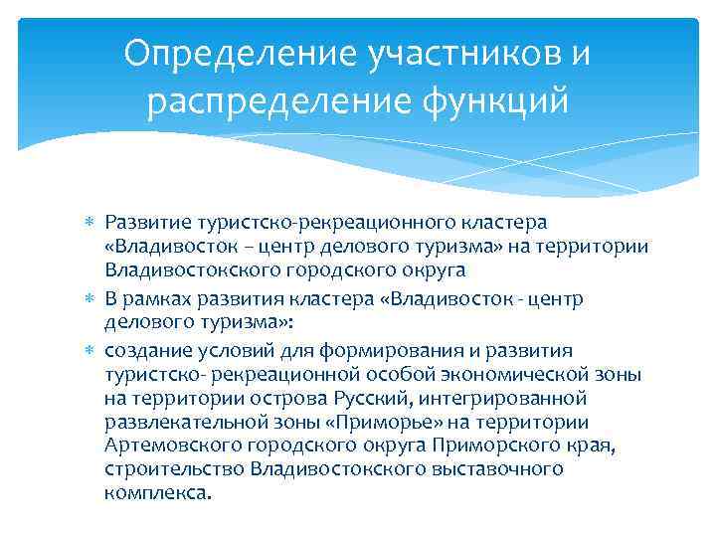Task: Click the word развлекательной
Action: [185, 422]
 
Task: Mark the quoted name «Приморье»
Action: [360, 422]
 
